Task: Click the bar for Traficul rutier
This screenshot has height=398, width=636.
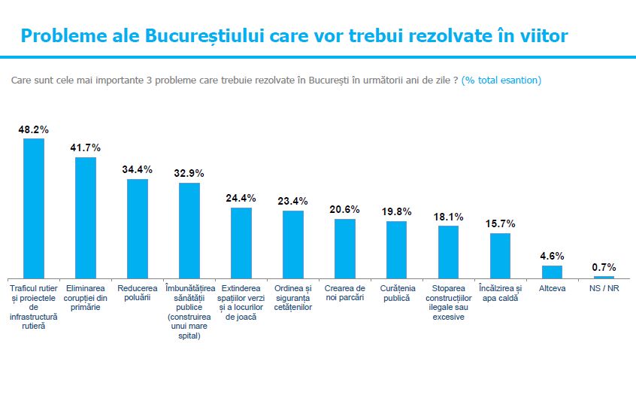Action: click(x=34, y=208)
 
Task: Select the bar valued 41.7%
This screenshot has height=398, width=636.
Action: click(x=86, y=217)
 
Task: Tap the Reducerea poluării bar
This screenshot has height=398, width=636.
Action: click(x=138, y=229)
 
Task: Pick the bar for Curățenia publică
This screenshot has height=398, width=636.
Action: click(x=396, y=250)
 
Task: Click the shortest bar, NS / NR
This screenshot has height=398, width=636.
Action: click(x=604, y=278)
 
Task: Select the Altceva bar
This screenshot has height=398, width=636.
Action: click(x=552, y=272)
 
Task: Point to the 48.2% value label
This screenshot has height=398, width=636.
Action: click(x=34, y=129)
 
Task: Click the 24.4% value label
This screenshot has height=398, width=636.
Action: click(x=241, y=199)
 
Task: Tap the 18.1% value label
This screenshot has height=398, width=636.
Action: click(x=449, y=217)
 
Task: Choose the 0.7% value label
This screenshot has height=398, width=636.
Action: click(x=604, y=267)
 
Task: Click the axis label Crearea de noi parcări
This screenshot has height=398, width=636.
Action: click(x=345, y=293)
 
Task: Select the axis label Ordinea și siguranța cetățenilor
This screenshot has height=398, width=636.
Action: click(x=293, y=298)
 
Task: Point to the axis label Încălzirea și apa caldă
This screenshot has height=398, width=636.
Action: click(x=500, y=293)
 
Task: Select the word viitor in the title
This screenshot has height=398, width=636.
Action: click(x=541, y=36)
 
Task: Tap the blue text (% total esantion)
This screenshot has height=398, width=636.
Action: click(x=501, y=80)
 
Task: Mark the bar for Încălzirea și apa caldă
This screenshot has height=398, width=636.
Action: click(x=500, y=256)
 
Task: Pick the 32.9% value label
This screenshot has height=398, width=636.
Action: click(x=189, y=173)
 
